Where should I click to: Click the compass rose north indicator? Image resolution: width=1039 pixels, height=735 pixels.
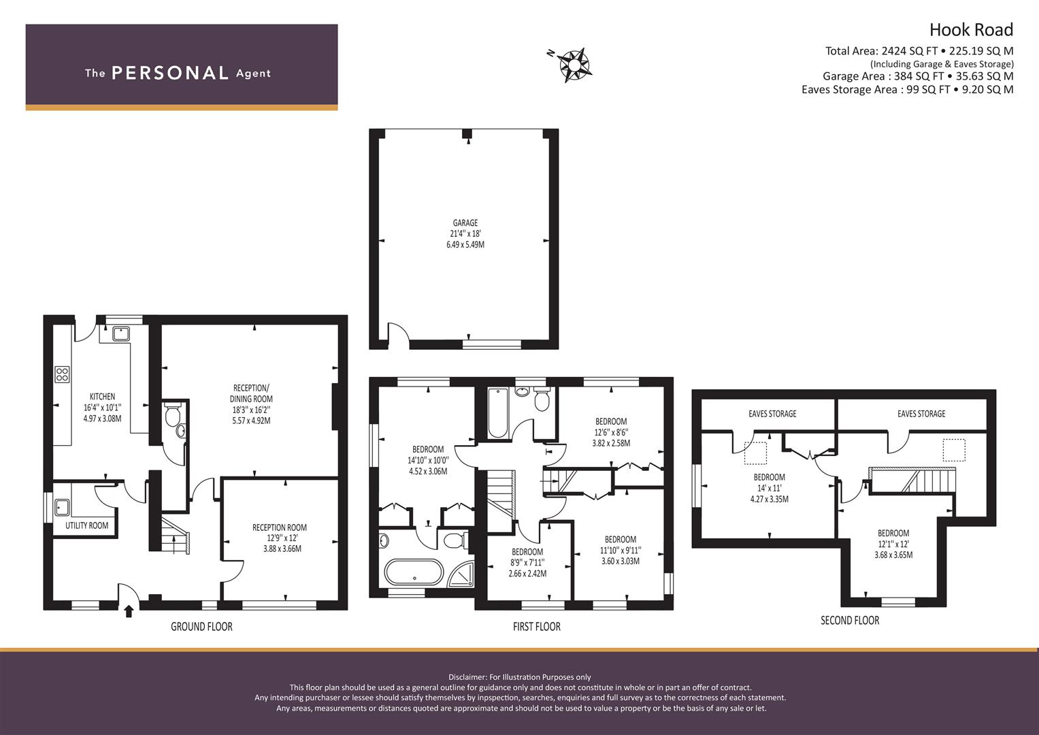[x=574, y=65]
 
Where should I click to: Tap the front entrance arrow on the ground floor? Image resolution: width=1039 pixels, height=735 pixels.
[x=129, y=612]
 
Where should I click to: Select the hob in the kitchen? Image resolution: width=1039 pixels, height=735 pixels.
[x=62, y=374]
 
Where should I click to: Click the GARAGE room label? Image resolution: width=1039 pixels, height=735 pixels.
[x=465, y=223]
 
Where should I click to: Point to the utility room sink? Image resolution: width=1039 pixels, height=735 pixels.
[x=62, y=507]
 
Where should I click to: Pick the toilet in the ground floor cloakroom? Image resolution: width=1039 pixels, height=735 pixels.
[x=173, y=414]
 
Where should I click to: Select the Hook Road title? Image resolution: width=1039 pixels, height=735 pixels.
[x=971, y=30]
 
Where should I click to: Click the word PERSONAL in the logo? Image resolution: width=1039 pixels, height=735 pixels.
[x=170, y=73]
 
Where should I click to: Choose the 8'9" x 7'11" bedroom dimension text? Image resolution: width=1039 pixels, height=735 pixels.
[x=528, y=563]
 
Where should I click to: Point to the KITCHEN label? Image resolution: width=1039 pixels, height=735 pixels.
[x=102, y=397]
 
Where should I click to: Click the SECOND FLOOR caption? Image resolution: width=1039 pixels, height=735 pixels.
[x=850, y=621]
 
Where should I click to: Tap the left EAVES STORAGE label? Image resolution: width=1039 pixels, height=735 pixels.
[x=772, y=414]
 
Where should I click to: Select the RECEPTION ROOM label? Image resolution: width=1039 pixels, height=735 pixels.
[x=279, y=527]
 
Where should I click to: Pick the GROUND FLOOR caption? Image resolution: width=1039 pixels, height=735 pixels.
[x=201, y=626]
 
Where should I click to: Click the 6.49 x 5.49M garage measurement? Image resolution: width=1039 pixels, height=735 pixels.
[x=465, y=244]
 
